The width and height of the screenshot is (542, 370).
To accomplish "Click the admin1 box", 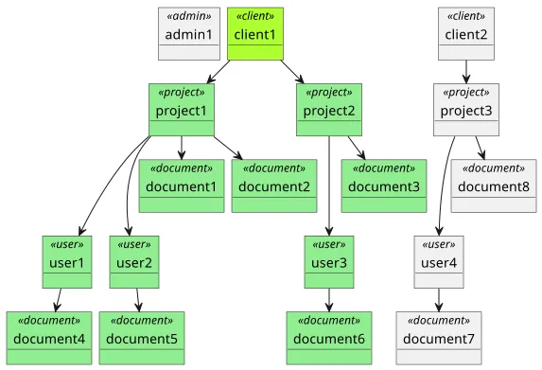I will [189, 33].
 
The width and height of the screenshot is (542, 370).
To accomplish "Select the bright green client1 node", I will [255, 33].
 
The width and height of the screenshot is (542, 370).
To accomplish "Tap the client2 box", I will [465, 33].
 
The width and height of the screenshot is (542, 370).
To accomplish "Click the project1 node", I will [183, 109].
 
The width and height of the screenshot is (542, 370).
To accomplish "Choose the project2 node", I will [329, 109].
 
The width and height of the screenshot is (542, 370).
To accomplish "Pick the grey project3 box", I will [466, 109].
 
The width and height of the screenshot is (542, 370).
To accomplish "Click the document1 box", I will [182, 185].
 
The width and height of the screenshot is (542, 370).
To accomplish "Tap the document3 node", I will [384, 185].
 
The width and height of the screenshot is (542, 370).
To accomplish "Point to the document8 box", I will [493, 185].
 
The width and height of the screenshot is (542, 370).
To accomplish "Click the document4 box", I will [49, 337].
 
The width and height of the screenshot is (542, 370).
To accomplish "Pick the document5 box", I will [142, 337].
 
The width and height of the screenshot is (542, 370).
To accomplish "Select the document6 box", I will [329, 337].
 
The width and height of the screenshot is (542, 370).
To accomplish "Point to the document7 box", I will [439, 337].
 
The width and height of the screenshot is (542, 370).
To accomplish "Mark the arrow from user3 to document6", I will [329, 299].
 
